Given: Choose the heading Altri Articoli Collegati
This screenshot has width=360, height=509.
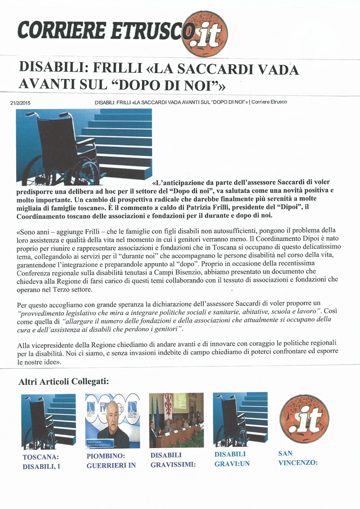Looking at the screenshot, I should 64,382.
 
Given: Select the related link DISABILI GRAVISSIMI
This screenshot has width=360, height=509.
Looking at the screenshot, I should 173,460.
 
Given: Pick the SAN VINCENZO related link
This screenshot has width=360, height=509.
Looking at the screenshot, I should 298,457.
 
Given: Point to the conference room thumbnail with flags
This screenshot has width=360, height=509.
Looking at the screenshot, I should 176,419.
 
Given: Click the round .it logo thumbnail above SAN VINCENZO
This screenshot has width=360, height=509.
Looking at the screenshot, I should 301,419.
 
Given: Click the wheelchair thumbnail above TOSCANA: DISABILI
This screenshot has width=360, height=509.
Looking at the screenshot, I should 48,419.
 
